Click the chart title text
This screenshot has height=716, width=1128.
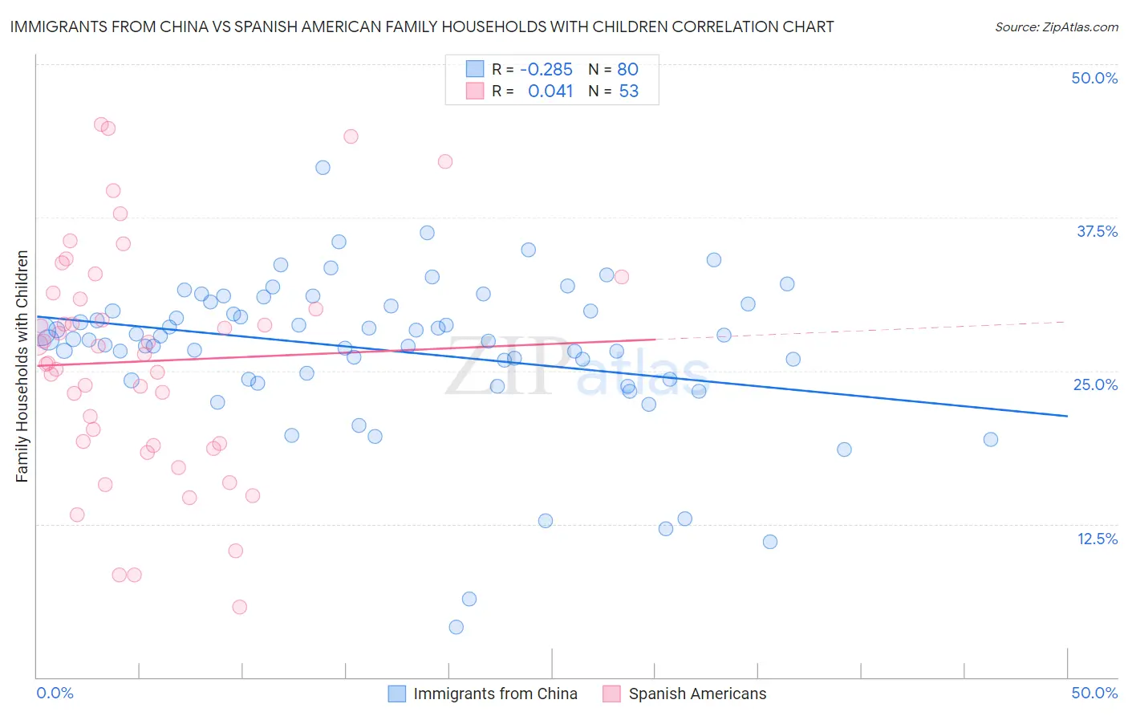coord(422,26)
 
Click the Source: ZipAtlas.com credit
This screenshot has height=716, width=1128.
coord(1056,26)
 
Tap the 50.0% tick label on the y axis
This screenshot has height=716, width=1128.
coord(1094,78)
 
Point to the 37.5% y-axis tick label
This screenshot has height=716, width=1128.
coord(1097,231)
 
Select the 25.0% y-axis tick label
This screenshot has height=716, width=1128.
coord(1095,384)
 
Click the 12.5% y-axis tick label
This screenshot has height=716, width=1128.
coord(1097,539)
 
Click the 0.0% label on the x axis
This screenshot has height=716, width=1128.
coord(55,693)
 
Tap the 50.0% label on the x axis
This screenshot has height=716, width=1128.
coord(1094,693)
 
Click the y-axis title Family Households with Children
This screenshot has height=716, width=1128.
coord(22,366)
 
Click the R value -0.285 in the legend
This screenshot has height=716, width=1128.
coord(546,70)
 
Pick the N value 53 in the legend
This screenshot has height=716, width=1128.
coord(629,92)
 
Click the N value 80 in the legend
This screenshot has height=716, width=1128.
coord(627,70)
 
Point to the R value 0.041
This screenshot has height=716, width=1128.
coord(550,92)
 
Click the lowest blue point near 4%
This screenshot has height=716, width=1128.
coord(456,627)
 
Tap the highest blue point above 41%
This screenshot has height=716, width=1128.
coord(323,168)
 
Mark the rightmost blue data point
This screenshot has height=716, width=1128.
coord(991,439)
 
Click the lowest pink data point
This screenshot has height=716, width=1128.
coord(239,607)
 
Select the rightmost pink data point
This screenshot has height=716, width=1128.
coord(621,277)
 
